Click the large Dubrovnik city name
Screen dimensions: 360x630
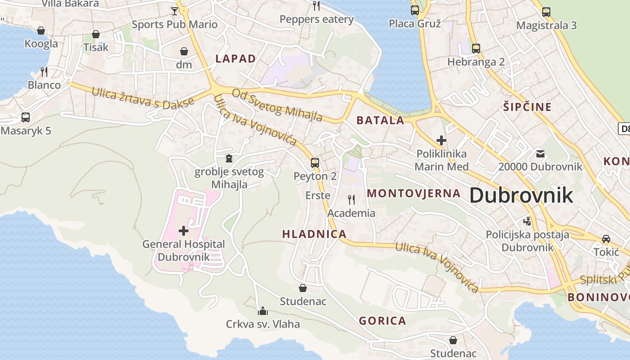521,195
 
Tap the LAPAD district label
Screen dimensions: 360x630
235,58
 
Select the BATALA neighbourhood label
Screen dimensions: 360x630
380,120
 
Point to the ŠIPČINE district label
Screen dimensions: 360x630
527,107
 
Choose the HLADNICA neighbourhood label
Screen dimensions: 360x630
314,234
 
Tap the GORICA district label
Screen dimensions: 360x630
382,321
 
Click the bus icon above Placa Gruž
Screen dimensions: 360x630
415,10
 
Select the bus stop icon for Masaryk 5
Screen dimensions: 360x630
26,117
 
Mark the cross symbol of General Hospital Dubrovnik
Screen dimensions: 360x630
184,231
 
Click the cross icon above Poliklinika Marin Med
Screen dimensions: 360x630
441,140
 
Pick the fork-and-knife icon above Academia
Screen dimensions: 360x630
351,199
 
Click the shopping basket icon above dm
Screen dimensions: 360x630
184,51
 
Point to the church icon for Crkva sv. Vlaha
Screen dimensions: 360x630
262,310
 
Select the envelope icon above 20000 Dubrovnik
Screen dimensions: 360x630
540,154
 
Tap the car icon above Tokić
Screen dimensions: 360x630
606,238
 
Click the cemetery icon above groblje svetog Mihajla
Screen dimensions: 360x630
229,158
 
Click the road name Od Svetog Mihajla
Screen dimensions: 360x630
277,105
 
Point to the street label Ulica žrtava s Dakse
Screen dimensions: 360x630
143,98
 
